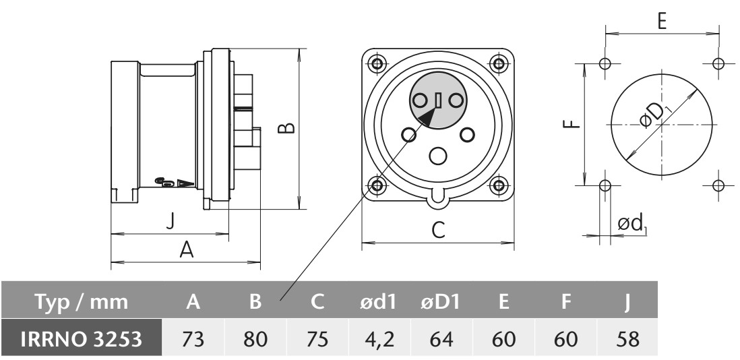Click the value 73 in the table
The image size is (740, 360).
[194, 337]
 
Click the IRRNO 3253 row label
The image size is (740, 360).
[81, 337]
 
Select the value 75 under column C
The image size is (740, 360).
[316, 337]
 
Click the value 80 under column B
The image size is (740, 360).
[255, 337]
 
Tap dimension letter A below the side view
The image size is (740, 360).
[187, 250]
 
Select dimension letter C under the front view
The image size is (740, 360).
[438, 231]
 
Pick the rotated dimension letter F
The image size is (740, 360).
[570, 123]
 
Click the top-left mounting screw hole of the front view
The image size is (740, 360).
[377, 63]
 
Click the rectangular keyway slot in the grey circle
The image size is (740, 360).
[438, 101]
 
